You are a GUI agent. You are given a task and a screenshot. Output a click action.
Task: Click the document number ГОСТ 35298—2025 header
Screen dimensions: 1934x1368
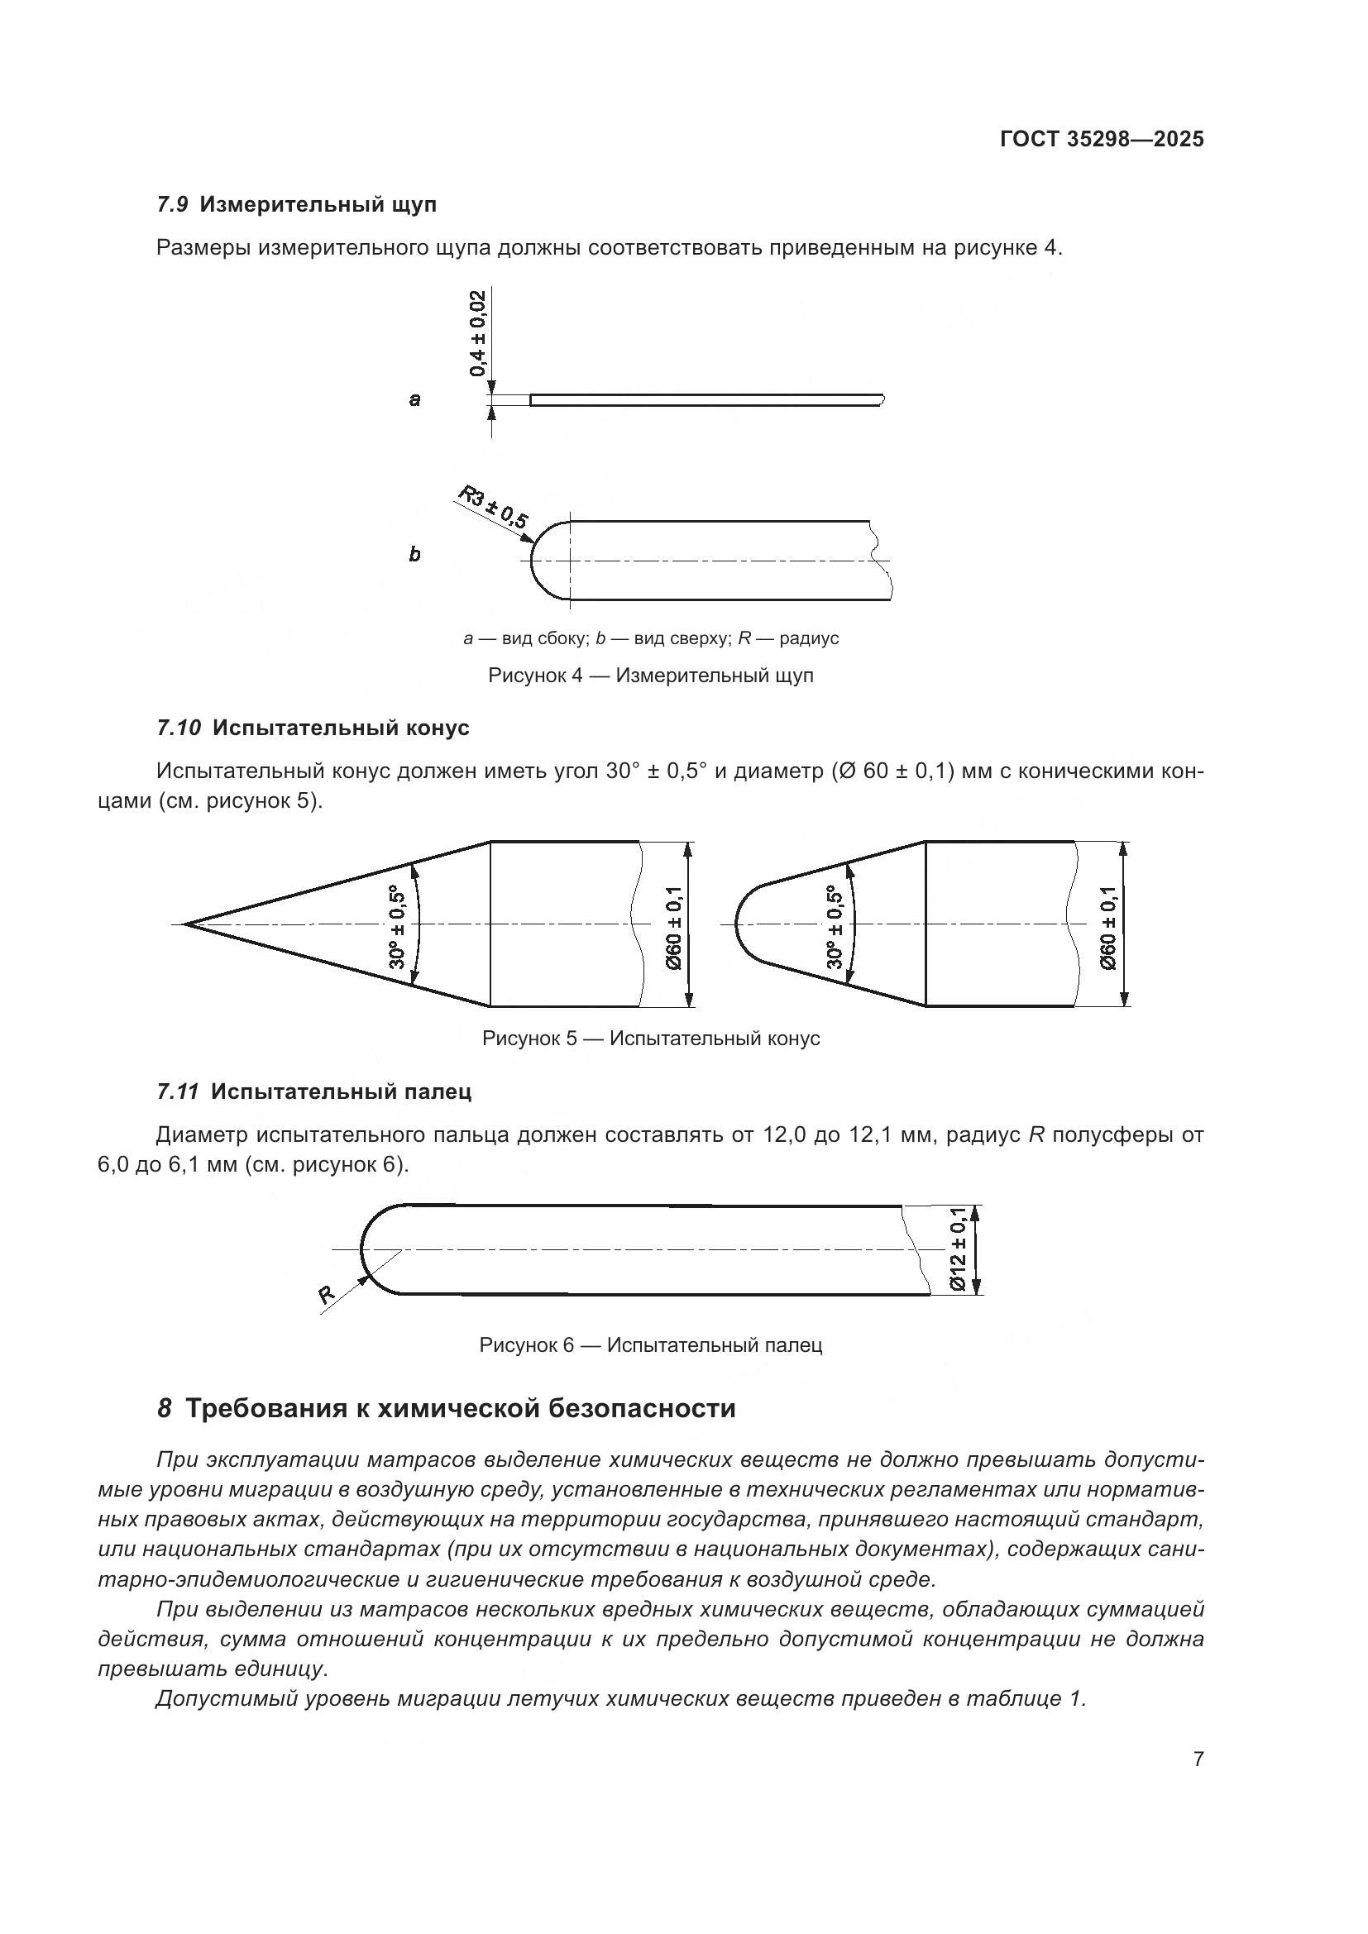1102,139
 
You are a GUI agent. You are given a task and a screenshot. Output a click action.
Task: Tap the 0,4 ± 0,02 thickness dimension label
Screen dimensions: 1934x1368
477,333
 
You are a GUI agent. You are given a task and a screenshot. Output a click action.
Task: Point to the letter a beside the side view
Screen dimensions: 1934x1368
414,399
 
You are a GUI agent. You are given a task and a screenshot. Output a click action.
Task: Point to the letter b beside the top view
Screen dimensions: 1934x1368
414,554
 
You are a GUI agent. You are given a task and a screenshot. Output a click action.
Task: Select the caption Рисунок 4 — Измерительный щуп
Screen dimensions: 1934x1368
650,675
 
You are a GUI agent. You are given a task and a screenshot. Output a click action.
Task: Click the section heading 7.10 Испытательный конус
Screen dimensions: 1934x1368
313,727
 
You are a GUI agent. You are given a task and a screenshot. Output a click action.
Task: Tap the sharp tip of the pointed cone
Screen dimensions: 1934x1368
187,924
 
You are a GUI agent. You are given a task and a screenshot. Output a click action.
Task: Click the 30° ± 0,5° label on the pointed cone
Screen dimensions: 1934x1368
398,927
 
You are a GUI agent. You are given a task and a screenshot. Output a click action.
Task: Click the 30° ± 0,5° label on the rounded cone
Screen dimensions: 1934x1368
835,927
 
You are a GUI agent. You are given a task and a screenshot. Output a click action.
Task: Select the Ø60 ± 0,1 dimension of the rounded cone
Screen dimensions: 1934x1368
1108,928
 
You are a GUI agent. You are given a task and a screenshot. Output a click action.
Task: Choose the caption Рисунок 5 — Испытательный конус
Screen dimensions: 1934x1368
650,1039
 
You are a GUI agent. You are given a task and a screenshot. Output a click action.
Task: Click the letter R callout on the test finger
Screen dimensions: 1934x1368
327,1296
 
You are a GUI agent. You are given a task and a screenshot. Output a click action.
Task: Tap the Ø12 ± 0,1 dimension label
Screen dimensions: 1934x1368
958,1249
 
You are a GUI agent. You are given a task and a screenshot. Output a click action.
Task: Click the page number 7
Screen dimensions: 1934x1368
1198,1759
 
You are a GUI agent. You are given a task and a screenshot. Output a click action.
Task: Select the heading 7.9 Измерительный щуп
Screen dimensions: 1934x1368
297,204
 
